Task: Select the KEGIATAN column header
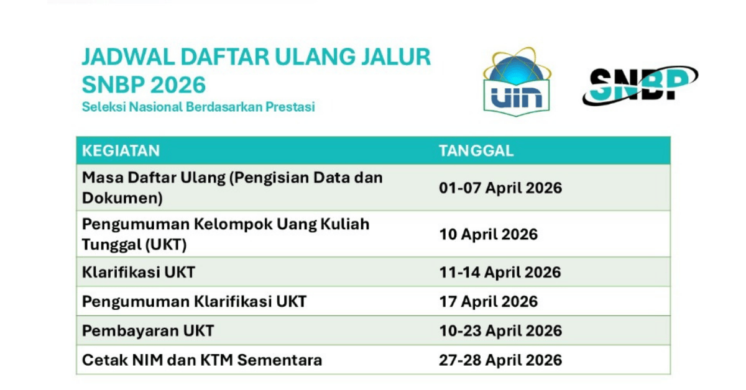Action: click(x=121, y=151)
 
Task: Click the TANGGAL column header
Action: click(x=476, y=151)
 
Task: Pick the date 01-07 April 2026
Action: click(x=500, y=188)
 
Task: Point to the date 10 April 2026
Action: click(x=488, y=234)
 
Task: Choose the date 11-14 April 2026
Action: click(x=500, y=272)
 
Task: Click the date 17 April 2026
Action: click(x=488, y=301)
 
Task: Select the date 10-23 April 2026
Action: click(x=500, y=330)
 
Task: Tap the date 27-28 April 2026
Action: click(x=500, y=360)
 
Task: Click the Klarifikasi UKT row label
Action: click(x=139, y=272)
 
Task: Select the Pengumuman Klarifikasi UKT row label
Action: click(x=194, y=301)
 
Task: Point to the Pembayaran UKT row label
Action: click(x=148, y=330)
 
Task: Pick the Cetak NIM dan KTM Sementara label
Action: click(x=202, y=360)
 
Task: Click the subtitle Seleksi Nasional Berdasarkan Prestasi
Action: click(x=198, y=107)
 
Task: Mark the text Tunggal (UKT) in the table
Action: click(x=134, y=245)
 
